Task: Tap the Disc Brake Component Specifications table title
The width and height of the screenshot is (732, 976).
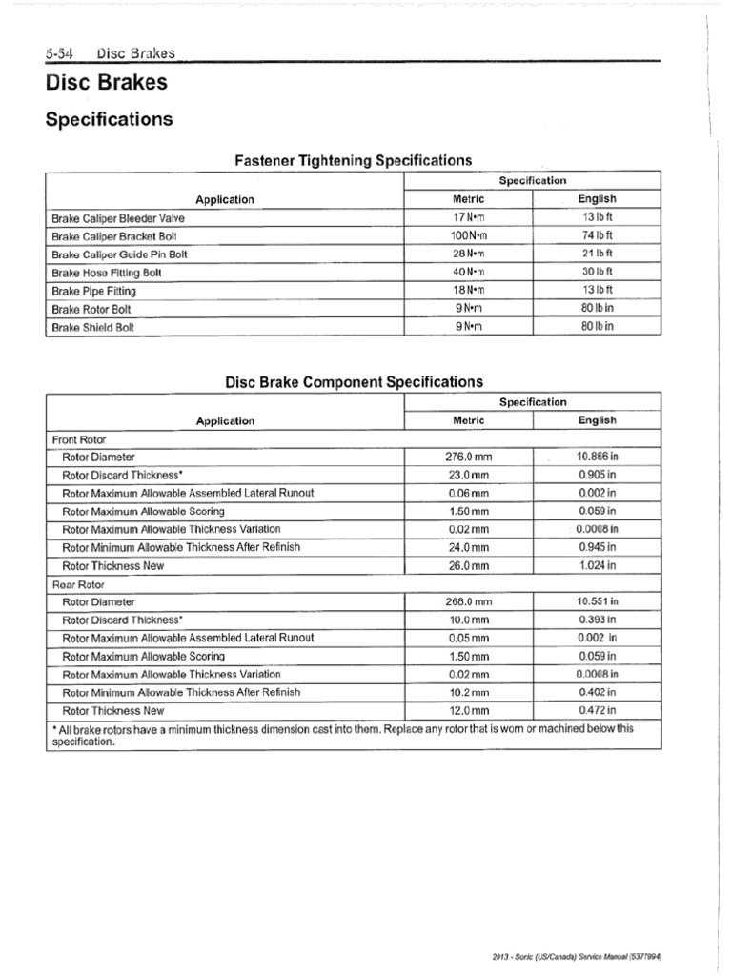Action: [354, 381]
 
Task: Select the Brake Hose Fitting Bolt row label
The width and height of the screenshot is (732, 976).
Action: [107, 273]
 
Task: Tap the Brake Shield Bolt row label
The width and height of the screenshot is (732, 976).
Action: [93, 327]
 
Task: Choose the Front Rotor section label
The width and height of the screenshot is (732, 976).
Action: [79, 439]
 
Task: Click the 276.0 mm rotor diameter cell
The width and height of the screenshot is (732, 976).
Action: [468, 457]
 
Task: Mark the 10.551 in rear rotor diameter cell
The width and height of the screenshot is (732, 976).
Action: [597, 602]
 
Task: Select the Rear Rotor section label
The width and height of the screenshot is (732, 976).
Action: [78, 584]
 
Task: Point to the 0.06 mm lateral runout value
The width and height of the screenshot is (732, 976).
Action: [468, 494]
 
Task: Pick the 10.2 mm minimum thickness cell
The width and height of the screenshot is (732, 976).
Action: [468, 693]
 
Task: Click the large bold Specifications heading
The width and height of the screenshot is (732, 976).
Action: [109, 119]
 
